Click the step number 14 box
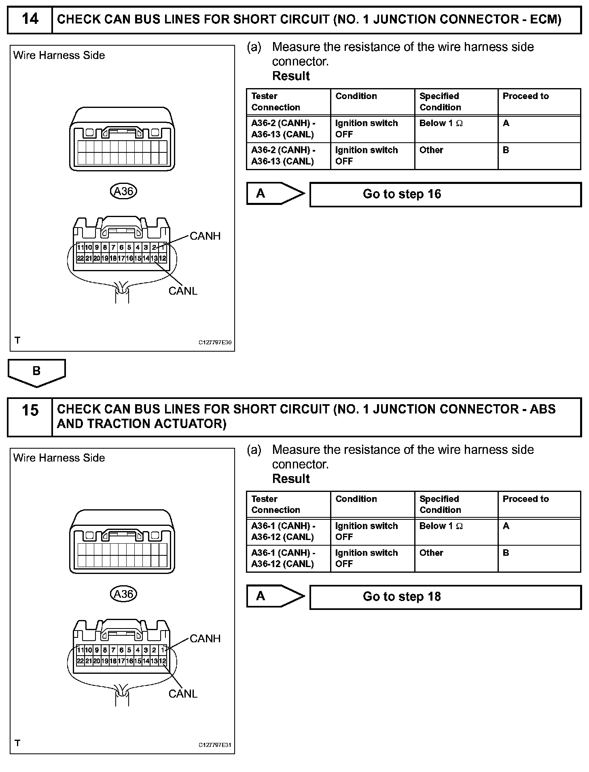(x=30, y=19)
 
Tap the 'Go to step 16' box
(x=445, y=194)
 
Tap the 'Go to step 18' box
(x=445, y=597)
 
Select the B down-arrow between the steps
(x=36, y=372)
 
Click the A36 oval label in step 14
(x=124, y=191)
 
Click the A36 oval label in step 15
(x=124, y=594)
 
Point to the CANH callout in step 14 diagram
(x=205, y=236)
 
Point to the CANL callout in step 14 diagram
(x=183, y=291)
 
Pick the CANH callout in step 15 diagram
(x=205, y=639)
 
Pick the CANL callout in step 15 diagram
(x=183, y=694)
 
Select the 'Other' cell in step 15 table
(x=431, y=553)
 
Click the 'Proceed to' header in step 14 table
(x=525, y=96)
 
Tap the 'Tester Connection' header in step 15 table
(x=276, y=504)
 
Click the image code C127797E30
(x=215, y=343)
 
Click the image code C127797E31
(x=215, y=745)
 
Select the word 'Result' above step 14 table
(x=291, y=76)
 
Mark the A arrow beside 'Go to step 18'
(x=275, y=596)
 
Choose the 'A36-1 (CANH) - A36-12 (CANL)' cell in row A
(x=283, y=532)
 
